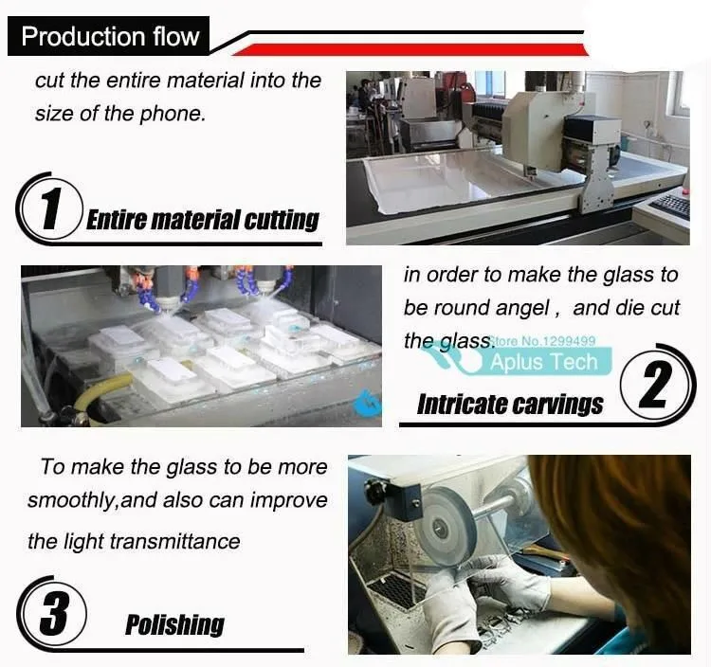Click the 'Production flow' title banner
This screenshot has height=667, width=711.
tap(109, 36)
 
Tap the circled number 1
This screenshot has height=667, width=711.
tap(51, 207)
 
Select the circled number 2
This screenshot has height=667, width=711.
tap(655, 386)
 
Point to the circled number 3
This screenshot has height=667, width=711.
tap(53, 613)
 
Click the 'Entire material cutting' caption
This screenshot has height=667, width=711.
tap(202, 220)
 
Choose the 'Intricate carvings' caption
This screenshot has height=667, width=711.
tap(510, 405)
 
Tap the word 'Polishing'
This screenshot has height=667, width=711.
tap(174, 625)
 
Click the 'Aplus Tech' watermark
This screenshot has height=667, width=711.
tap(544, 362)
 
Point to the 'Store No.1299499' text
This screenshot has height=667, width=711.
tap(544, 341)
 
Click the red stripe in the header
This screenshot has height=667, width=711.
tap(410, 50)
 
